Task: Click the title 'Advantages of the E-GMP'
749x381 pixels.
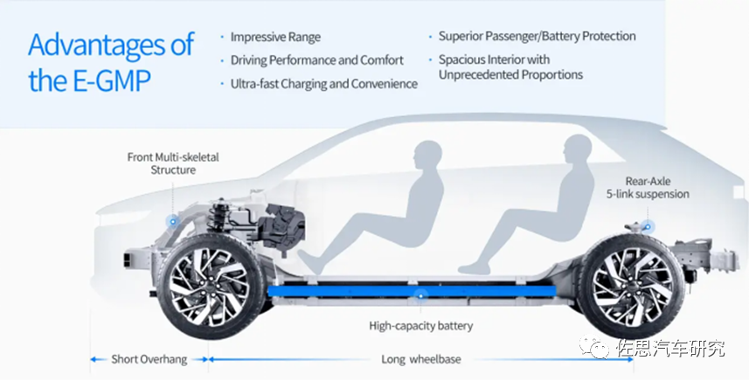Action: click(x=111, y=63)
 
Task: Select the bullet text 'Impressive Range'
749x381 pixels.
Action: click(x=275, y=38)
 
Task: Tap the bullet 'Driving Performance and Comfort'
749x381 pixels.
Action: click(x=317, y=60)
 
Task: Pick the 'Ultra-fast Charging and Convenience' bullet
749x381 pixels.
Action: click(x=324, y=84)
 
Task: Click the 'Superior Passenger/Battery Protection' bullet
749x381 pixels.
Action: click(x=537, y=37)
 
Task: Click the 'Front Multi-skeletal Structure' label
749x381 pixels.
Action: click(x=173, y=163)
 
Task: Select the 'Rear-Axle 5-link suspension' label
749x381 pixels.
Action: click(x=648, y=188)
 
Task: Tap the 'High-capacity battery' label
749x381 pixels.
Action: click(x=421, y=326)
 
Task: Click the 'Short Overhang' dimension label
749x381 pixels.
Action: click(x=149, y=359)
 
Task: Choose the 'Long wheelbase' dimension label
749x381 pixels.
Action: click(x=421, y=359)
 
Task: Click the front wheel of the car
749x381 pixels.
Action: click(x=210, y=287)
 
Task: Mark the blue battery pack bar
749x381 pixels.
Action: click(x=412, y=291)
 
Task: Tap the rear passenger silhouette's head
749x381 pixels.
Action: click(x=578, y=149)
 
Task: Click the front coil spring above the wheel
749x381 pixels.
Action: click(x=218, y=214)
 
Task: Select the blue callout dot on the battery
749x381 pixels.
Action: click(x=420, y=296)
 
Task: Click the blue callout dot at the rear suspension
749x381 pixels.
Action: click(x=648, y=227)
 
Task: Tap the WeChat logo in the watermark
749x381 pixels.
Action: click(x=594, y=347)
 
